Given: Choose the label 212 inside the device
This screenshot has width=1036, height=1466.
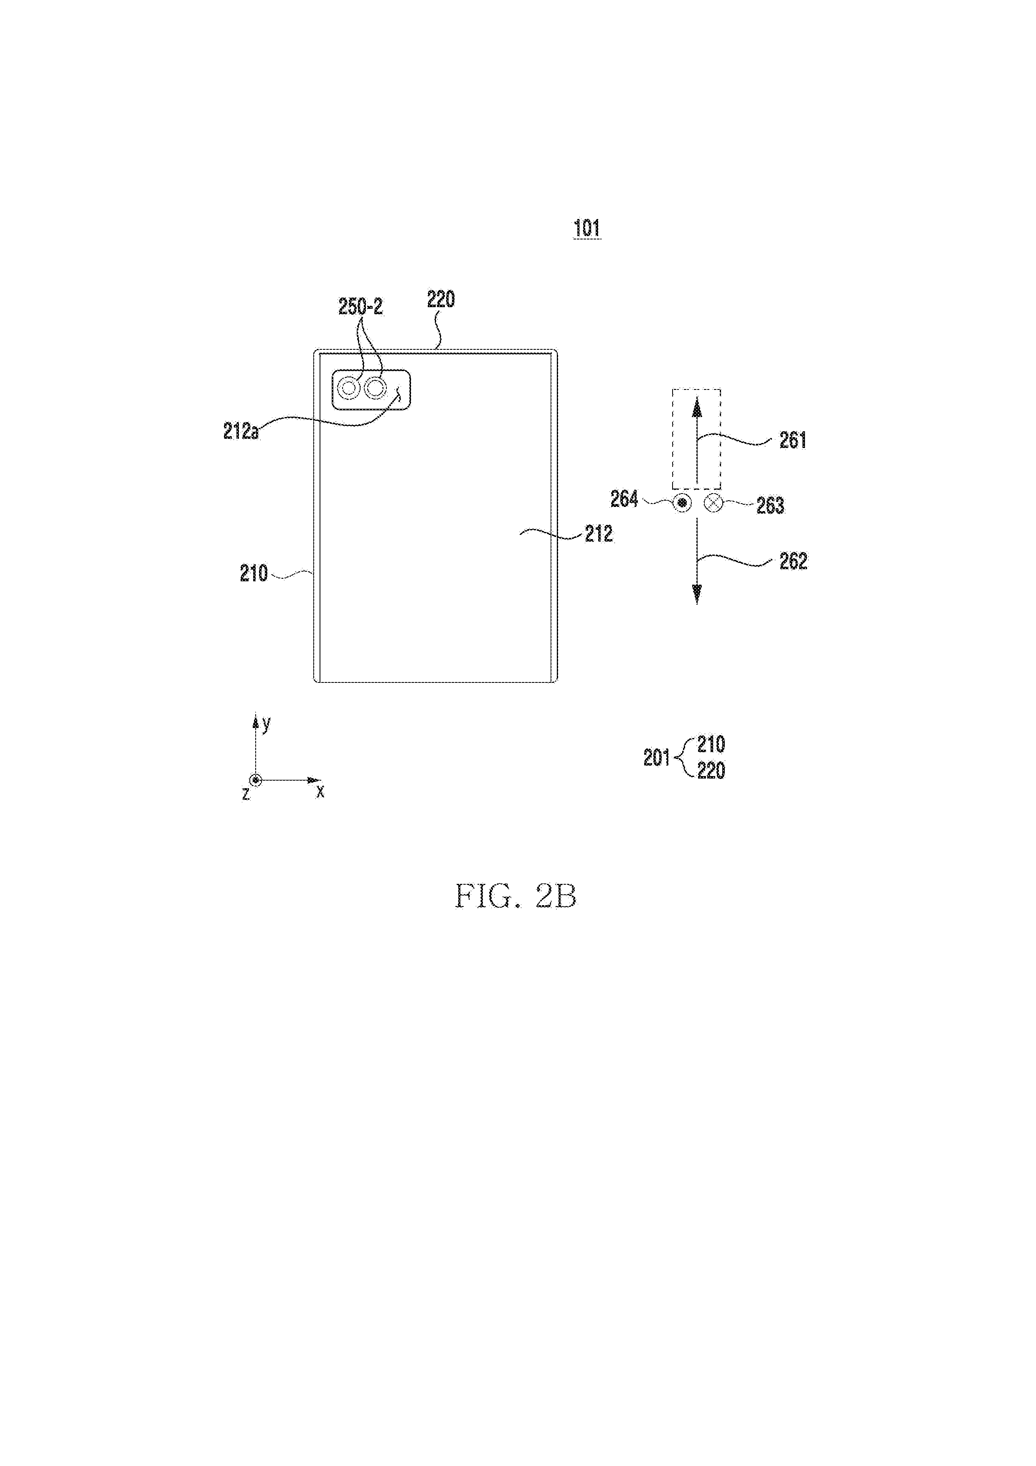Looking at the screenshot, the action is point(599,533).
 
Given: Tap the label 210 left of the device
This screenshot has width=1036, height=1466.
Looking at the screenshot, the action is point(254,573).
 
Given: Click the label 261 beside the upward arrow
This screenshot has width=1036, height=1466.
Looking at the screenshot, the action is point(793,440).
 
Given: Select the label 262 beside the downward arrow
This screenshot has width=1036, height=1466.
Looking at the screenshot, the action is point(793,561).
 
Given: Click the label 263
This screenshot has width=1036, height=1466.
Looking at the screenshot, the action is point(770,505).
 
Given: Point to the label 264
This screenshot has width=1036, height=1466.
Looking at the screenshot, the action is point(624,499).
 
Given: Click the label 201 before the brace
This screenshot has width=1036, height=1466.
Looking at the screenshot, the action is point(656,758).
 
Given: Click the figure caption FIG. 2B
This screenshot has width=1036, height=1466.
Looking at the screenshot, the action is point(516,896).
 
